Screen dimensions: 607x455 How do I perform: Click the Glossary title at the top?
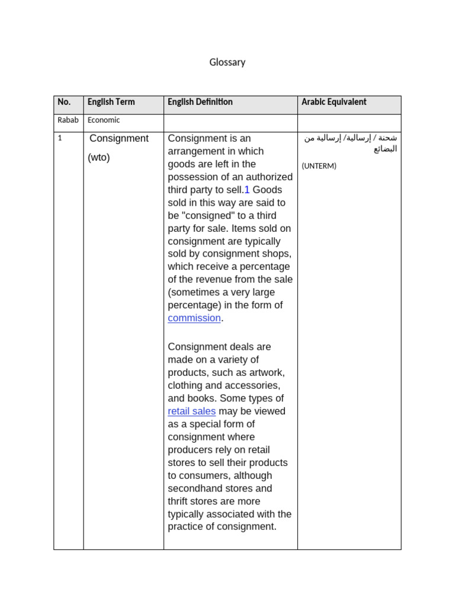(227, 62)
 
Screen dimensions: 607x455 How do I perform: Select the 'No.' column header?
(63, 102)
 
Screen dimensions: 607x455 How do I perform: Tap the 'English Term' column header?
(111, 102)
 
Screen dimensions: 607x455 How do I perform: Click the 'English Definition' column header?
(200, 102)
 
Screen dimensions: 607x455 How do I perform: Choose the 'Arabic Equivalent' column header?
(334, 102)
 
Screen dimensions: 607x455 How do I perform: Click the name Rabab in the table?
(68, 120)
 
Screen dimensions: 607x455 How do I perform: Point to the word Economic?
(104, 120)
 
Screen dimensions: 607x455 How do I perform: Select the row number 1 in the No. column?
(60, 138)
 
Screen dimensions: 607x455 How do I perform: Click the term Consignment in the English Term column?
(119, 138)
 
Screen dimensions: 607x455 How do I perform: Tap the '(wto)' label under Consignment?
(99, 158)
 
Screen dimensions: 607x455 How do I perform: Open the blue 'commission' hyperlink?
(194, 318)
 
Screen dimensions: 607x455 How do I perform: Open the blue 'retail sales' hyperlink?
(191, 411)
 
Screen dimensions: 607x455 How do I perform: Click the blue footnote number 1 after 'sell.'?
(247, 190)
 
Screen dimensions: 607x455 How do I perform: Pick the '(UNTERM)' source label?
(319, 166)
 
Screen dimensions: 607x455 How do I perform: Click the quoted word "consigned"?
(208, 216)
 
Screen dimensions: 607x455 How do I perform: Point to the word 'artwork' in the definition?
(266, 373)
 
